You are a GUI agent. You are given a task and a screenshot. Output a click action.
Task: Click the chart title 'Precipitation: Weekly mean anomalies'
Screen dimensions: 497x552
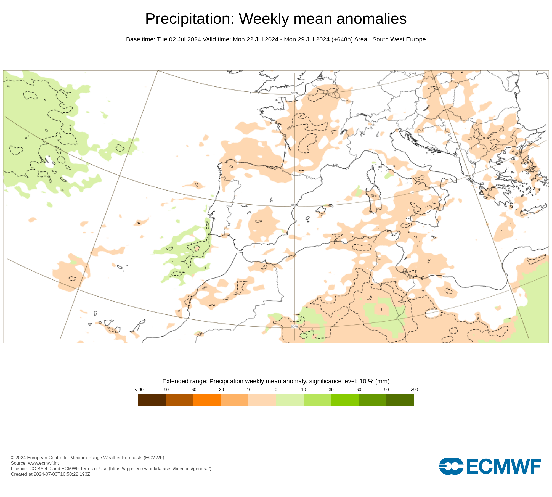[276, 19]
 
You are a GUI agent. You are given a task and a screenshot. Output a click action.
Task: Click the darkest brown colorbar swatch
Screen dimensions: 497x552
[152, 400]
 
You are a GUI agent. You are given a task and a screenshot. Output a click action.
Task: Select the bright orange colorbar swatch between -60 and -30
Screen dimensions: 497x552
[207, 400]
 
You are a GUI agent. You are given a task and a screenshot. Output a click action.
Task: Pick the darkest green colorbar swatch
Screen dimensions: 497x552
[400, 400]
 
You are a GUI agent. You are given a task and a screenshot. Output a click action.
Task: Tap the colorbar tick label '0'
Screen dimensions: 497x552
[276, 390]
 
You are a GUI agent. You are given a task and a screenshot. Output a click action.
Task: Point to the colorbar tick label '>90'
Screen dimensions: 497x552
[414, 390]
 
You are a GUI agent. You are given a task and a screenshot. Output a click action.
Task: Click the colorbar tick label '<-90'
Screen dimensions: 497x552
[139, 390]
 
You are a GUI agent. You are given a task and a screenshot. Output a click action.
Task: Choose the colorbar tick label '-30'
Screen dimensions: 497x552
[221, 390]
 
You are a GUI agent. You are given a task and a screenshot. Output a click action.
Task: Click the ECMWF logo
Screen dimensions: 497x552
[490, 466]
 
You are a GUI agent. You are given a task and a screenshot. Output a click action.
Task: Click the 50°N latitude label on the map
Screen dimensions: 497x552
[294, 93]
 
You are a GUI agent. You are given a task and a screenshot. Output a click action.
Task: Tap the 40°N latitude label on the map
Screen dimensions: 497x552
[294, 205]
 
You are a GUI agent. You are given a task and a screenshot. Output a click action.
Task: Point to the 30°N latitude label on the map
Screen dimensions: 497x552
[294, 327]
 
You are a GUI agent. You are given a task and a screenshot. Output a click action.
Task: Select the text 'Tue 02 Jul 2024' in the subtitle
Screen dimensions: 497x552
[179, 39]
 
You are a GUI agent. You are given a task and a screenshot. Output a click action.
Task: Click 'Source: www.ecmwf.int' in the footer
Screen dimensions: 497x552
[35, 463]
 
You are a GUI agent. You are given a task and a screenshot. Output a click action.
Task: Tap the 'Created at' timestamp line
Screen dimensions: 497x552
[50, 474]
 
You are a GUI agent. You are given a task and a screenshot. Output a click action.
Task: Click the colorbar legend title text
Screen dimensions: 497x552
[276, 381]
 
